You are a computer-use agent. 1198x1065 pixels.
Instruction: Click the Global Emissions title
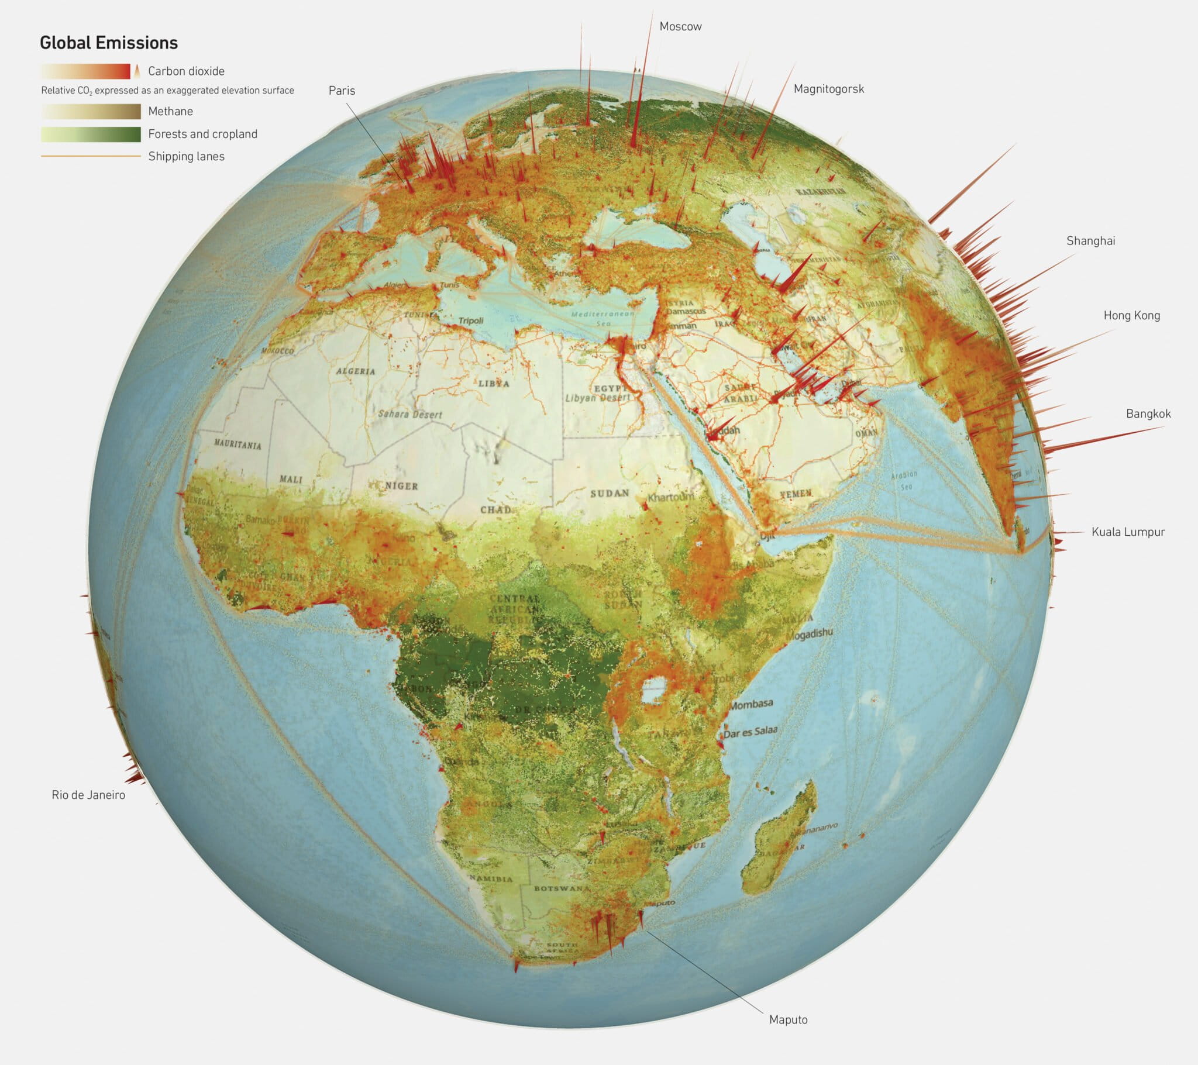click(x=108, y=43)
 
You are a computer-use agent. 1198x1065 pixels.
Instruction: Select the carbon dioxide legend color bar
click(x=85, y=71)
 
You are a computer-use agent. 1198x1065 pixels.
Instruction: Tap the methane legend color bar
click(x=91, y=111)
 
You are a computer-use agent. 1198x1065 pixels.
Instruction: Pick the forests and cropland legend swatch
click(x=91, y=135)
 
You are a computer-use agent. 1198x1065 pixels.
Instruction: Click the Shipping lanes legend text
click(x=186, y=157)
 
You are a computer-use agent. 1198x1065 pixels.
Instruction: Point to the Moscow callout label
click(x=680, y=26)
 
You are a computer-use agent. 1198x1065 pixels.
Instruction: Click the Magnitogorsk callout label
click(x=828, y=89)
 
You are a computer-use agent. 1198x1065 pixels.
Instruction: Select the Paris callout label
click(x=342, y=90)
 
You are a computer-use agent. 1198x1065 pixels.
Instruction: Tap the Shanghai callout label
click(x=1090, y=241)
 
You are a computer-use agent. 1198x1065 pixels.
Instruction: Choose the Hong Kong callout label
click(x=1131, y=315)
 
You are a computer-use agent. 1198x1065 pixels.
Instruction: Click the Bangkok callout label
click(x=1148, y=414)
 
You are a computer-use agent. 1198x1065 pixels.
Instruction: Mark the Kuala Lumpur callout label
click(x=1128, y=532)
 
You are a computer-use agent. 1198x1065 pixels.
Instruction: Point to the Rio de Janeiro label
click(x=88, y=795)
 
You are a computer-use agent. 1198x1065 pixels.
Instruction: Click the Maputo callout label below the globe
click(x=788, y=1020)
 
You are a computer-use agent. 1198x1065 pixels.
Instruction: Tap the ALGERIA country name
click(x=355, y=371)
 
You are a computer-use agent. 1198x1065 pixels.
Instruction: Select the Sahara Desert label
click(x=409, y=414)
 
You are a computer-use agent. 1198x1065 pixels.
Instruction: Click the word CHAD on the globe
click(x=496, y=509)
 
